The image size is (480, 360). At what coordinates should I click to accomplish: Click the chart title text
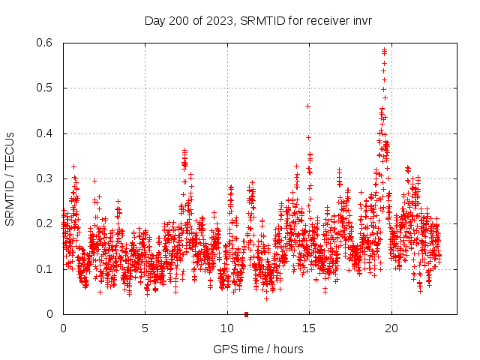(258, 20)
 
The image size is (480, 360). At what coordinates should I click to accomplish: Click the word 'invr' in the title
(360, 20)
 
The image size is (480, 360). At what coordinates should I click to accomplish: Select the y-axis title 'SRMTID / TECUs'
(10, 178)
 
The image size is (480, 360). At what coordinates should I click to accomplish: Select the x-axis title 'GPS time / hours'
(258, 349)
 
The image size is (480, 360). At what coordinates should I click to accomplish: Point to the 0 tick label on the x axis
(63, 328)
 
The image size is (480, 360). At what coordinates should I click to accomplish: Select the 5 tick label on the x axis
(145, 328)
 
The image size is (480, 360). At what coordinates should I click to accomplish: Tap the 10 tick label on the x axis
(227, 328)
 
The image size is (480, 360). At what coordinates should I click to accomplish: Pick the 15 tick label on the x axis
(309, 328)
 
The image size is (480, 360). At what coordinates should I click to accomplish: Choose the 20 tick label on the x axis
(391, 328)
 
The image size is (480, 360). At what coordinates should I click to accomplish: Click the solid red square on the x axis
(246, 314)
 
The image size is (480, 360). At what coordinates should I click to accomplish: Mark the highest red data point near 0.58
(385, 50)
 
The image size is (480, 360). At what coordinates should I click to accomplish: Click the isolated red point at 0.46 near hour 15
(307, 106)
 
